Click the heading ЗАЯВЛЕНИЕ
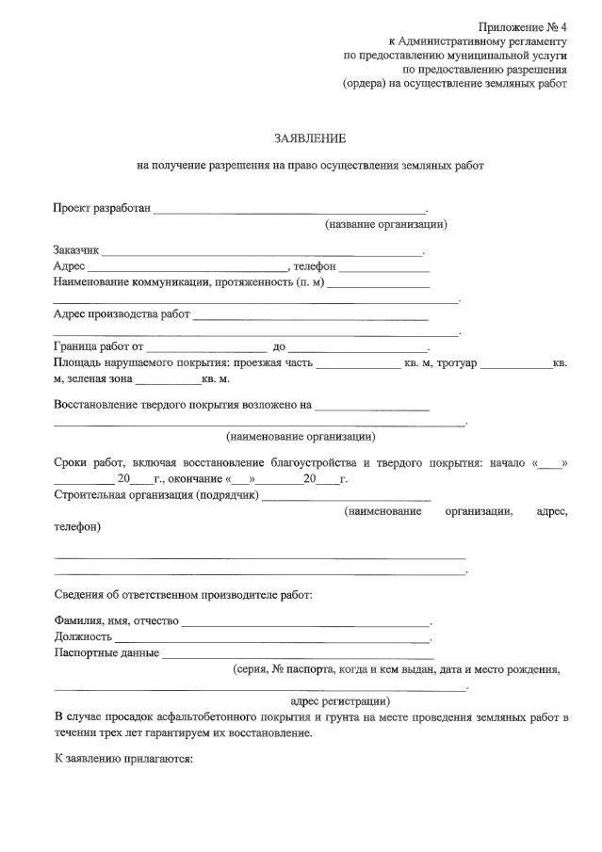coord(310,139)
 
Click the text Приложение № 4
coord(522,25)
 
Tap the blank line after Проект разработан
coord(289,208)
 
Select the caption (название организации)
coord(385,225)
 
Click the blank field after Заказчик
coord(262,251)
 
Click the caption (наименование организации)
coord(301,437)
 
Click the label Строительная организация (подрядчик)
coord(155,495)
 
